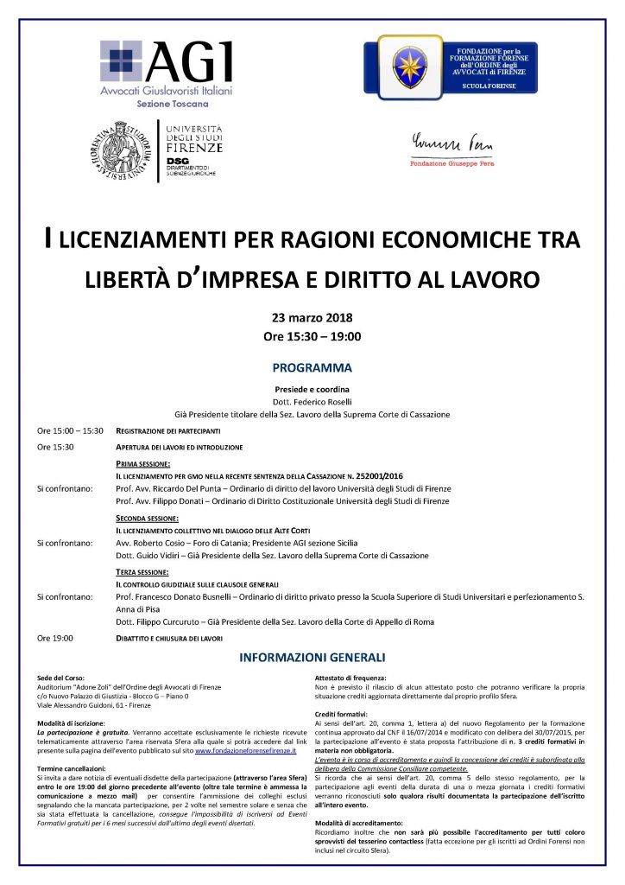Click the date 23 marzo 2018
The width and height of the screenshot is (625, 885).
coord(312,317)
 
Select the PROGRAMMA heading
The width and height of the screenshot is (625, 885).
coord(312,366)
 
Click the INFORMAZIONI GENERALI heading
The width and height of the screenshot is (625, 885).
coord(312,658)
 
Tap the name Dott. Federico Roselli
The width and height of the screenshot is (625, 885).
coord(312,402)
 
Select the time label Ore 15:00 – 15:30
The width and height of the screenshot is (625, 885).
coord(70,430)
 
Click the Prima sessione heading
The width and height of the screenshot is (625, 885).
coord(142,464)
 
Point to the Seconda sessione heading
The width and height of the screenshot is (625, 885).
coord(148,518)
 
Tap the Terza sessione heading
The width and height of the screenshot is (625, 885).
coord(143,572)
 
